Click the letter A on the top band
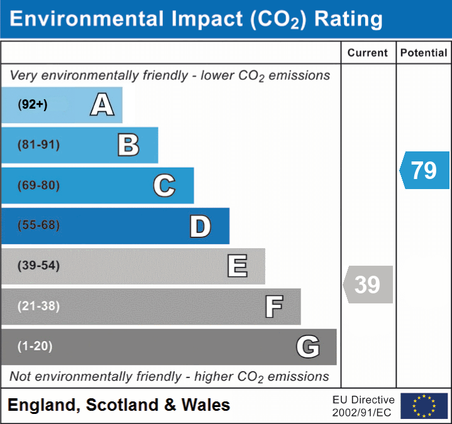coord(102,105)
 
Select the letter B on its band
coord(129,145)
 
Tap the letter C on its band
coord(164,186)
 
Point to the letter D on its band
coord(201,226)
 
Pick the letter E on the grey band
coord(237,266)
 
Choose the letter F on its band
coord(273,307)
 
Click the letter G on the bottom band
coord(308,347)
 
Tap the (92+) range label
coord(33,105)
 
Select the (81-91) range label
coord(39,145)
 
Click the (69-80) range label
coord(39,186)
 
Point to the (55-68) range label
coord(39,226)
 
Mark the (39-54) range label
coord(39,266)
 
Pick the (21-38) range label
coord(39,307)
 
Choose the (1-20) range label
coord(35,346)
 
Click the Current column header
coord(368,53)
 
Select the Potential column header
coord(424,53)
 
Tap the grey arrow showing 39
coord(368,285)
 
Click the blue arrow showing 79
coord(425,170)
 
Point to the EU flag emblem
coord(424,406)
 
